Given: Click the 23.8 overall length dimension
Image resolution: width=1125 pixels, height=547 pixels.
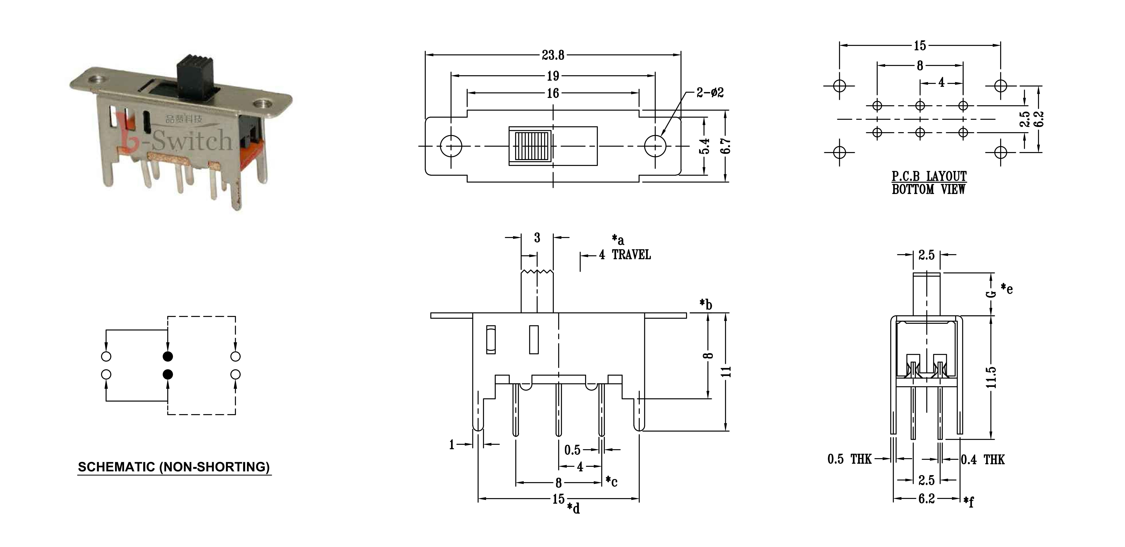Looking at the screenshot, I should (553, 55).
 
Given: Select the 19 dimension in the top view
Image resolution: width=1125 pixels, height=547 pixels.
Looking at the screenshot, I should (553, 76).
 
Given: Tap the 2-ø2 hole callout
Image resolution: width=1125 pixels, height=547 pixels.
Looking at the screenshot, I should (710, 93).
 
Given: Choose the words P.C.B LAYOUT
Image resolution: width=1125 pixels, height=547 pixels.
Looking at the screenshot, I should (929, 176).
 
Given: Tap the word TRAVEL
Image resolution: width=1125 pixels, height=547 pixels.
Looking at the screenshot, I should (631, 255).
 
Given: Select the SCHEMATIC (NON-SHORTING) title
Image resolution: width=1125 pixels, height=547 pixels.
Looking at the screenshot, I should (174, 467).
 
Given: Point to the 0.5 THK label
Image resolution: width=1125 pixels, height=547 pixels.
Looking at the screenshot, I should (849, 459).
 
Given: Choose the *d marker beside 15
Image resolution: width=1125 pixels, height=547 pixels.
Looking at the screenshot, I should (573, 508).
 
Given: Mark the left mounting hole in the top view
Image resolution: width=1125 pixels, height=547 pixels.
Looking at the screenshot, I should (451, 146).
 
